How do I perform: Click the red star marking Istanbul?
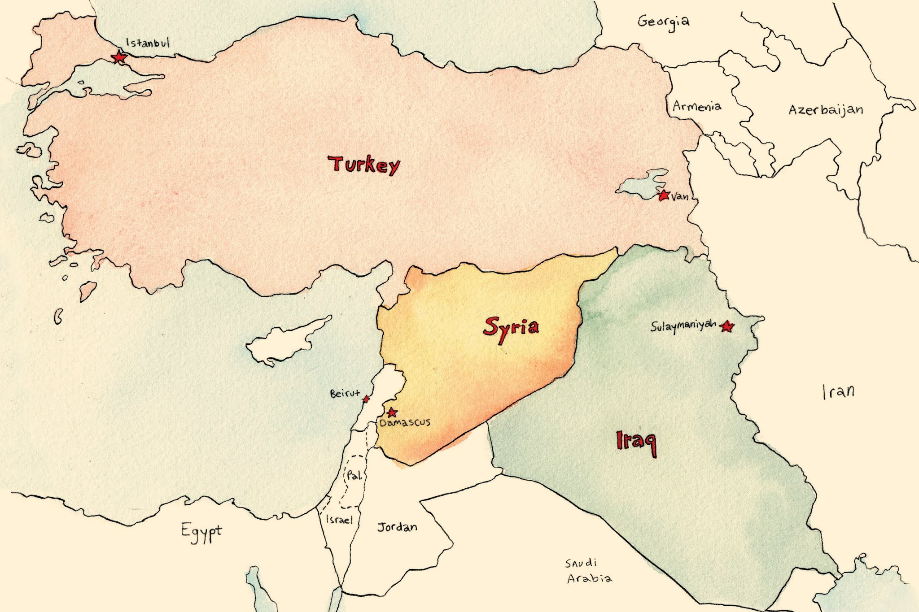(119, 57)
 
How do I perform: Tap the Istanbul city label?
(148, 43)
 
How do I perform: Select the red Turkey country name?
(363, 165)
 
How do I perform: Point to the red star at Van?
(664, 195)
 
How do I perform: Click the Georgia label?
(663, 22)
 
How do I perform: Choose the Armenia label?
(697, 106)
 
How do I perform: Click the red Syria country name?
(511, 327)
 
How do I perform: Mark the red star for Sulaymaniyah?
(727, 326)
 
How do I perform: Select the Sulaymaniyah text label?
(683, 326)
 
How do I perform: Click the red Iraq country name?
(636, 442)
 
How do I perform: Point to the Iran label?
(838, 392)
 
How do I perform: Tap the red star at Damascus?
(392, 412)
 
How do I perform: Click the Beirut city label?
(345, 394)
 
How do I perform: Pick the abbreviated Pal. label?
(354, 476)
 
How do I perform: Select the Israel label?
(339, 520)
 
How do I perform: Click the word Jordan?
(397, 527)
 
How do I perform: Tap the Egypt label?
(201, 531)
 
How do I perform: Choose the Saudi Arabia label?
(588, 570)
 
